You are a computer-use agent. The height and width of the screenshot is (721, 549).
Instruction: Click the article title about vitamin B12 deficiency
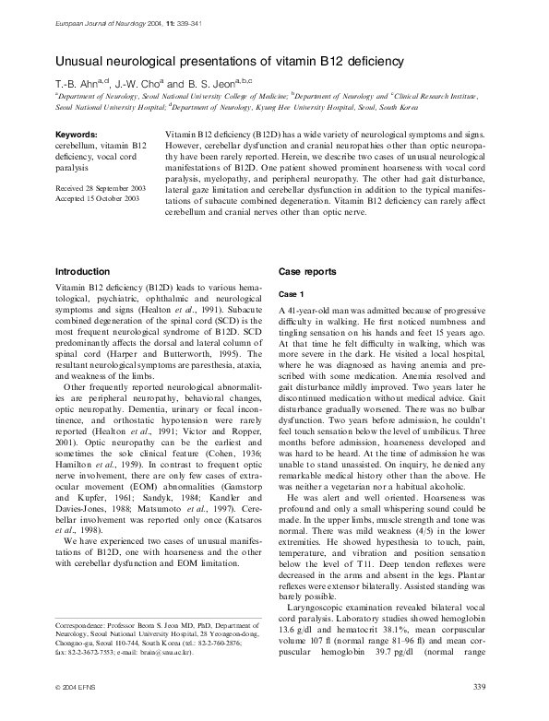[229, 61]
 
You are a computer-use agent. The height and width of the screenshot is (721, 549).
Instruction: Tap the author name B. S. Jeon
[204, 82]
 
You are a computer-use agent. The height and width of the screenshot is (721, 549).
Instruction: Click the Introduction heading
[83, 271]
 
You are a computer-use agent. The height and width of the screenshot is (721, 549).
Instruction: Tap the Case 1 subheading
[291, 292]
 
